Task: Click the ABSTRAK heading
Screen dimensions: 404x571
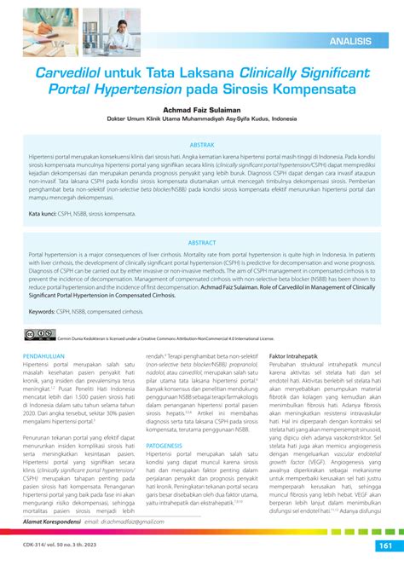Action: tap(201, 146)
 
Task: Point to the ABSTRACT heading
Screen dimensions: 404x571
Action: tap(201, 218)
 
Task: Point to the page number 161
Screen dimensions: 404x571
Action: tap(380, 547)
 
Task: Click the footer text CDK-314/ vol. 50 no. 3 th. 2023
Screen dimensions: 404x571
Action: tap(60, 547)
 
